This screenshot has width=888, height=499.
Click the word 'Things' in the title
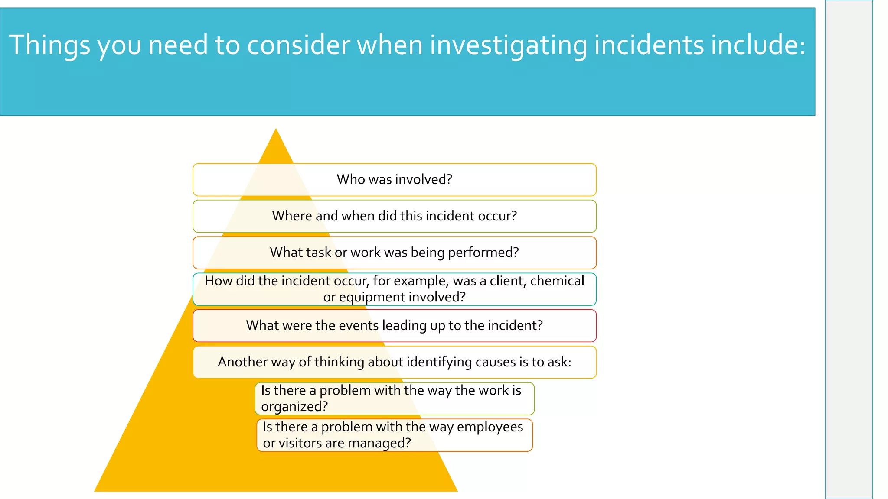(49, 45)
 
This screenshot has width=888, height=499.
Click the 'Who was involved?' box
(394, 180)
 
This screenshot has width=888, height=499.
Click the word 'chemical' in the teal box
(557, 281)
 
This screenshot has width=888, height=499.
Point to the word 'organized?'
(294, 407)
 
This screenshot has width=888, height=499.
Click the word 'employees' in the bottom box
(490, 427)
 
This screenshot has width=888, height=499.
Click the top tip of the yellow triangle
(276, 130)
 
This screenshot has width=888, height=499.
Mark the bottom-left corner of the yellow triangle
(95, 491)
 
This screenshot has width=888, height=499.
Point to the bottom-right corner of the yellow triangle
(457, 491)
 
